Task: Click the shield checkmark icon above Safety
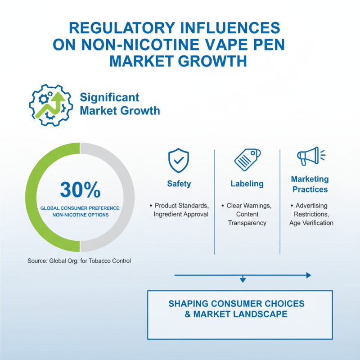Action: pos(178,160)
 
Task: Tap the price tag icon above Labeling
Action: pos(247,159)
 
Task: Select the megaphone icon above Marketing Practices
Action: pos(311,156)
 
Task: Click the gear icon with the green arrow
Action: pos(51,105)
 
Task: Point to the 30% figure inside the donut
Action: pos(80,189)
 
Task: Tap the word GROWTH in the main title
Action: pos(212,61)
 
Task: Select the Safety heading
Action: pos(179,184)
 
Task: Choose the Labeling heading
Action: pos(247,184)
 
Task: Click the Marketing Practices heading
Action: pos(310,184)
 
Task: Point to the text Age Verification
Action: pos(311,223)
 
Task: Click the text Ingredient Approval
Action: pos(181,214)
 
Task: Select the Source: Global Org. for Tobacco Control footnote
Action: pos(79,261)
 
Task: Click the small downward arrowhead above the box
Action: pos(243,280)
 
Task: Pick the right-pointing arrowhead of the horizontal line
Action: pos(309,275)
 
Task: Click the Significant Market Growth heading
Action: pos(120,104)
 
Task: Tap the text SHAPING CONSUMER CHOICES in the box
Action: pos(236,303)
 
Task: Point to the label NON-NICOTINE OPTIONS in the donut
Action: pos(81,215)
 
